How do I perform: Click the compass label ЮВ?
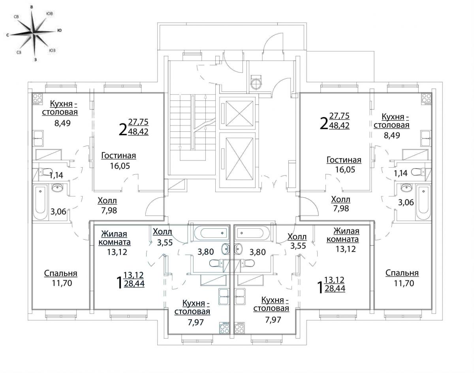[50, 13]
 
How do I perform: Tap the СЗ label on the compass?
[19, 53]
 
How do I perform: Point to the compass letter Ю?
[59, 30]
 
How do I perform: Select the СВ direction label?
[16, 17]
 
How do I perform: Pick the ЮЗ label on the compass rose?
[53, 51]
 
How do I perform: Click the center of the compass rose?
[34, 34]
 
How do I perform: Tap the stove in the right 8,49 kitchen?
[427, 98]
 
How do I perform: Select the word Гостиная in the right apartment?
[344, 160]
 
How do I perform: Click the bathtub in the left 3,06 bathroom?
[40, 202]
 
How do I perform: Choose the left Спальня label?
[61, 273]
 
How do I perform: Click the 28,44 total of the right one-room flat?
[335, 288]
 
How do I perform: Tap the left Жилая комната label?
[114, 238]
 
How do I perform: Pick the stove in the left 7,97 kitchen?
[225, 328]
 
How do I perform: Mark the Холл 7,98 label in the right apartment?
[341, 204]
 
